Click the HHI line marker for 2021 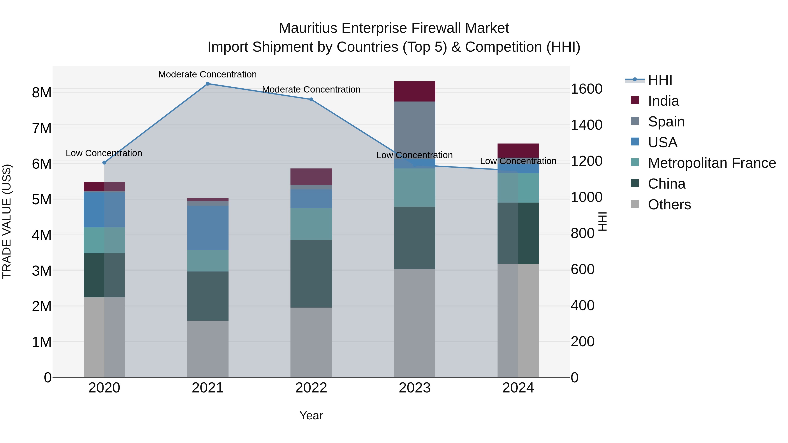click(x=208, y=84)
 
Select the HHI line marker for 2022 click(x=311, y=99)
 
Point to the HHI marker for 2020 click(x=104, y=163)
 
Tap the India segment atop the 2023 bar click(x=415, y=91)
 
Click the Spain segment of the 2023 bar click(x=415, y=128)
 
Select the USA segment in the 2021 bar click(x=208, y=228)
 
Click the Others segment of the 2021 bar click(x=208, y=348)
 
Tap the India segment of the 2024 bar click(x=518, y=151)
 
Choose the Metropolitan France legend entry click(x=712, y=163)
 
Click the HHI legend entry click(x=660, y=80)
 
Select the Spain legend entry click(x=666, y=122)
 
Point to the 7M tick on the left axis click(x=42, y=128)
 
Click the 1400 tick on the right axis click(x=586, y=125)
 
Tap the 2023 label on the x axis click(x=415, y=388)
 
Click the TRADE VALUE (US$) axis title click(x=7, y=221)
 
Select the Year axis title click(x=311, y=415)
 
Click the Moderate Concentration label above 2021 click(x=208, y=74)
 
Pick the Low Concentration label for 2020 click(x=104, y=153)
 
